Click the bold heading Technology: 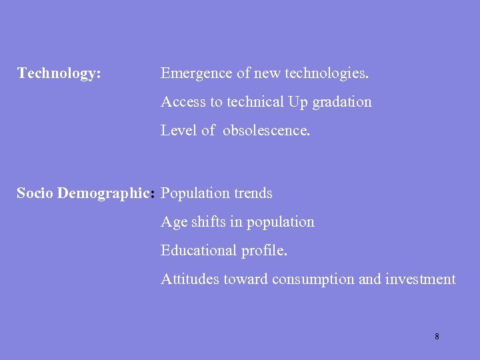point(59,73)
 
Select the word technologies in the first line point(327,73)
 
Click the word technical point(255,102)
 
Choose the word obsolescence point(266,131)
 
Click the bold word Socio point(35,193)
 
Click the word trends point(253,193)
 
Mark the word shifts point(209,222)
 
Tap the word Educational point(199,251)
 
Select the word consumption point(313,280)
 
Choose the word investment point(421,279)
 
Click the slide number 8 point(437,337)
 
